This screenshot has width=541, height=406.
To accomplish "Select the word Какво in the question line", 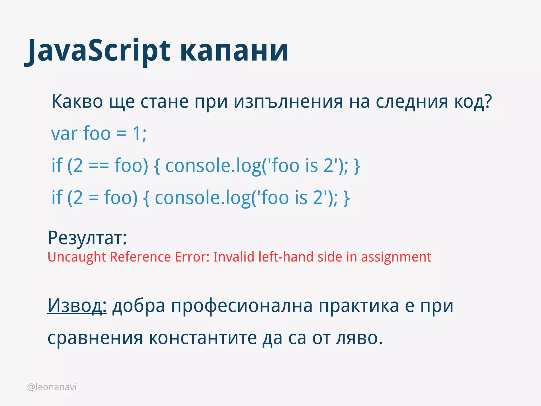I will tap(77, 102).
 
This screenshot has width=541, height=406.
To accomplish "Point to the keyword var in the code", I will tap(64, 134).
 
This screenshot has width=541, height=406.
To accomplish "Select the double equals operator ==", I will tap(99, 166).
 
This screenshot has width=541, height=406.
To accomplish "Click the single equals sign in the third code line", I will tap(94, 198).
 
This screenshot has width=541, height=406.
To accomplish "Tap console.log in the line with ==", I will tap(213, 166).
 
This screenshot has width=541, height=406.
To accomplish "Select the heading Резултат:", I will tap(87, 238).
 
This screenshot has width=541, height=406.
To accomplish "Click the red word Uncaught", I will tap(77, 257).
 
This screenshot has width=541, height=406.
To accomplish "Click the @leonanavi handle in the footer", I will tap(52, 387).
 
